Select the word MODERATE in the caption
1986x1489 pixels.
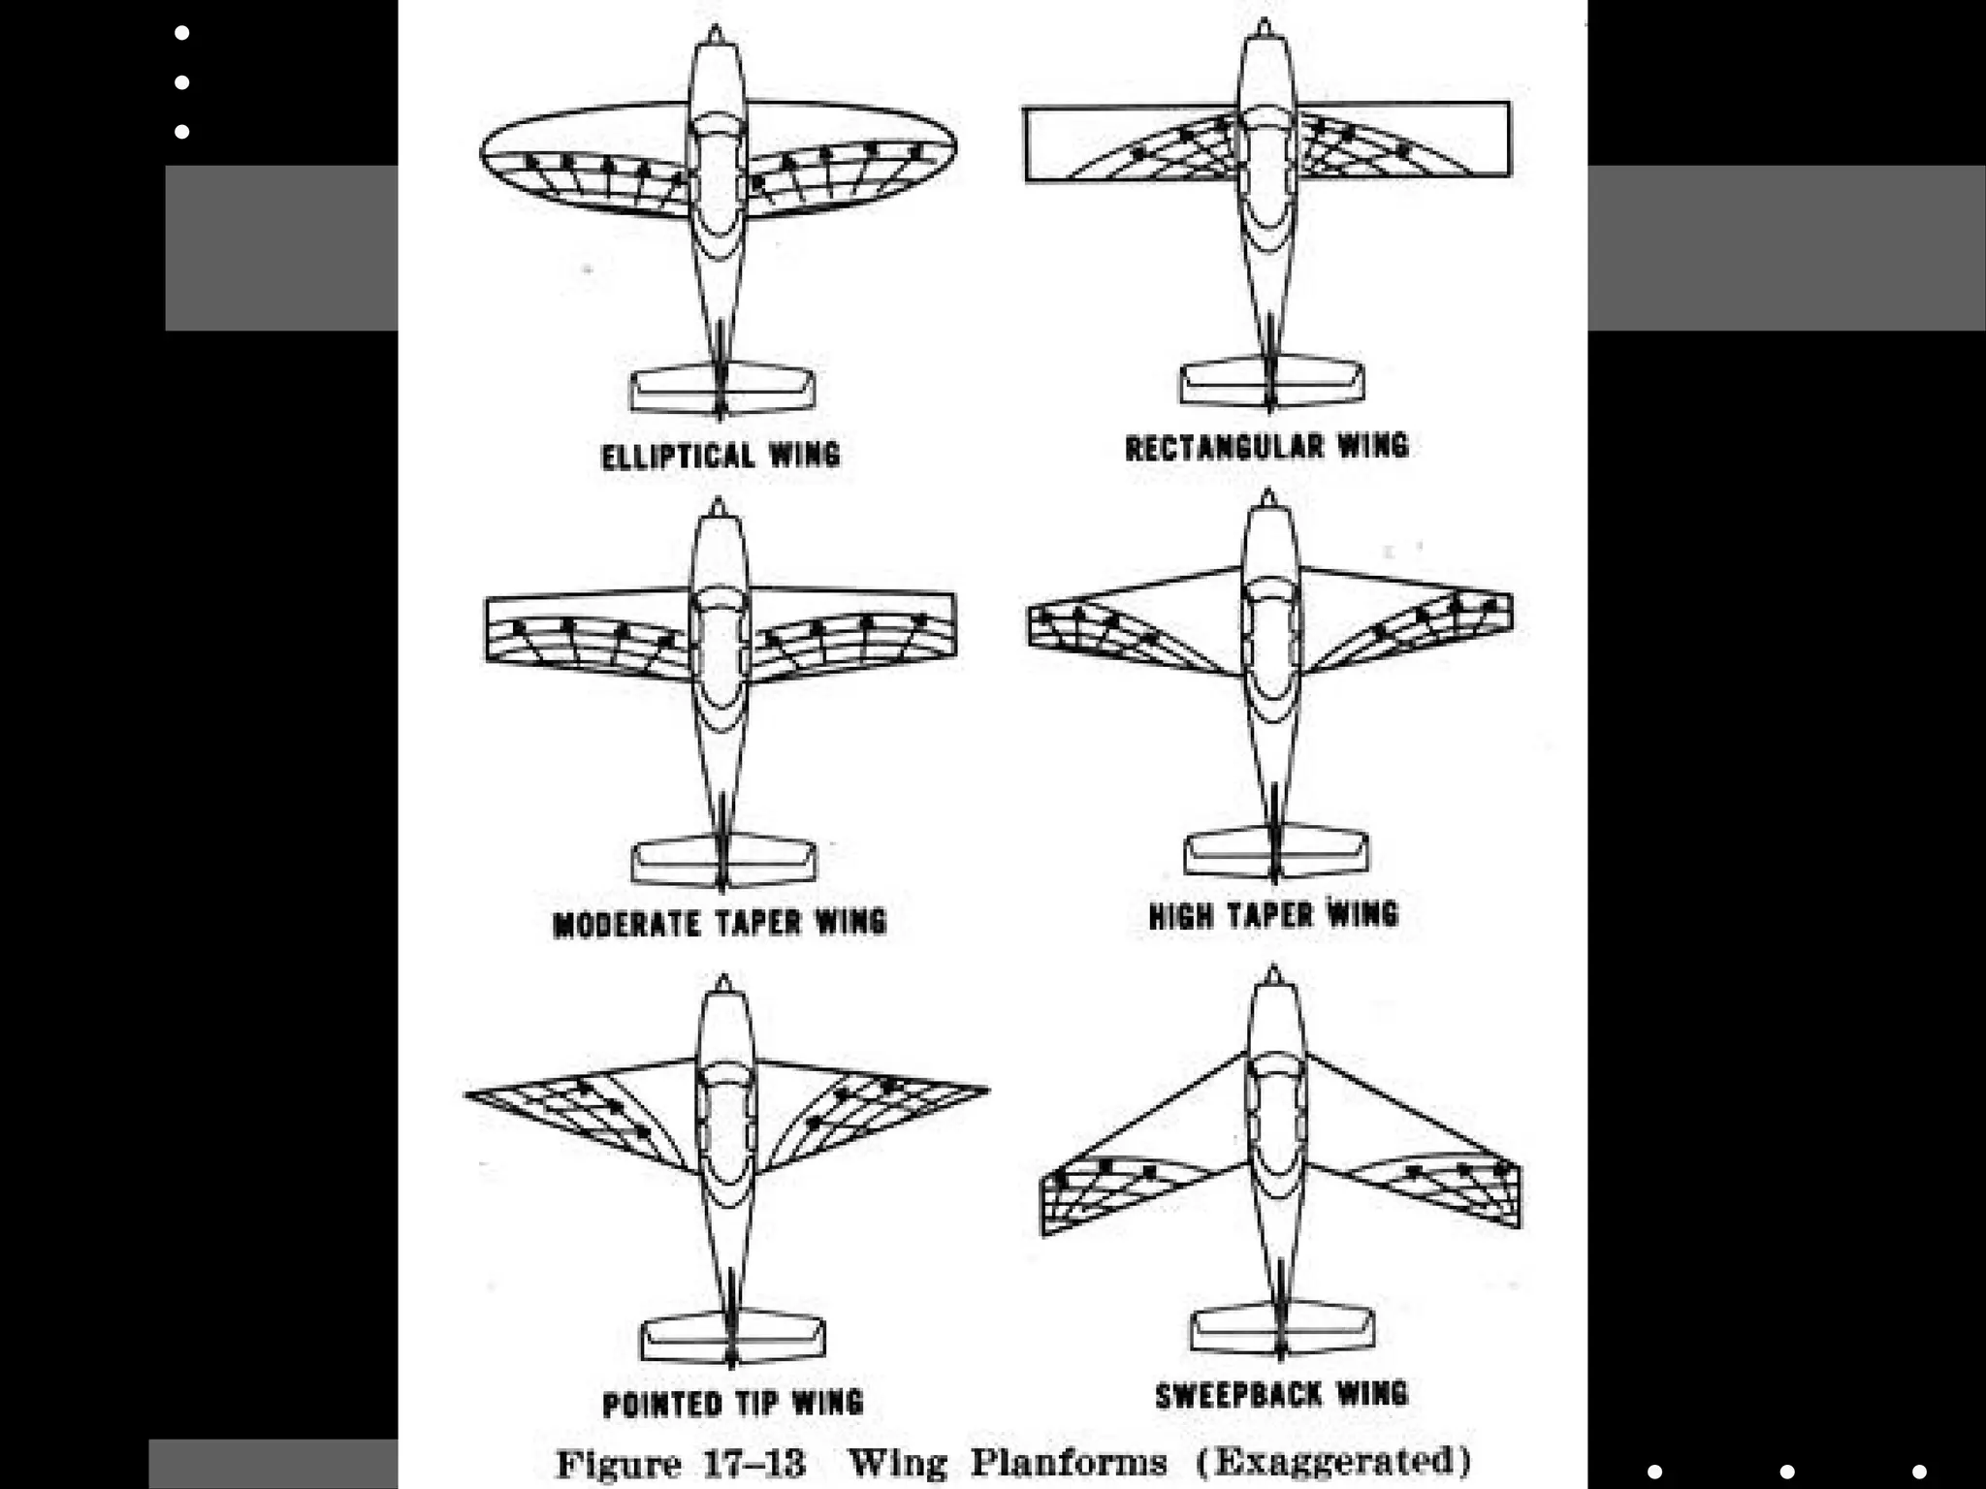(625, 924)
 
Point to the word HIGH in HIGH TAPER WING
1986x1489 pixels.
(1181, 915)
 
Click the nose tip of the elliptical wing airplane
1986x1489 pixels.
(715, 31)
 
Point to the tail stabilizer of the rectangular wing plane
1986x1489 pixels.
(1271, 382)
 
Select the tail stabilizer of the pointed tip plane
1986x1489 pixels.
(732, 1337)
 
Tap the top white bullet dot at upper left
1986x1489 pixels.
(182, 33)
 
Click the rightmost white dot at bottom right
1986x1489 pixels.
(1918, 1472)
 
